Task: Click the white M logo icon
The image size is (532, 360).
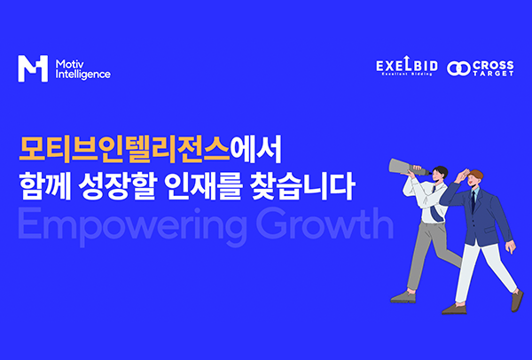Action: pos(33,68)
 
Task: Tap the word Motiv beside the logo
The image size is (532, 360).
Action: pos(69,64)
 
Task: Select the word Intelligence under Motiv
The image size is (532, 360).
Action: pos(83,74)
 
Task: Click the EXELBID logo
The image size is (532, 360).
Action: pos(407,67)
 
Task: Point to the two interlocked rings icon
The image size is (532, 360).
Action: pos(458,68)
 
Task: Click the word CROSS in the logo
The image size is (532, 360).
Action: pos(493,65)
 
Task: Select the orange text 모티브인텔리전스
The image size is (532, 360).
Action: pos(124,150)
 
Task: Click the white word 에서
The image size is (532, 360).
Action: pos(255,150)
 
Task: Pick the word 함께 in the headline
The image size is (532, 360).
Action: pos(45,186)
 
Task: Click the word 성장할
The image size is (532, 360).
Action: pos(117,186)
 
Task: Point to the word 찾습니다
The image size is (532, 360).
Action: pos(302,186)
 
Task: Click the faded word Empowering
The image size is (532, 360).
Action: pos(133,225)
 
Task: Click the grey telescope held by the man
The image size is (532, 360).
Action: pos(407,167)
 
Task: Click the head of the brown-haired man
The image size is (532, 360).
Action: pos(475,178)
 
